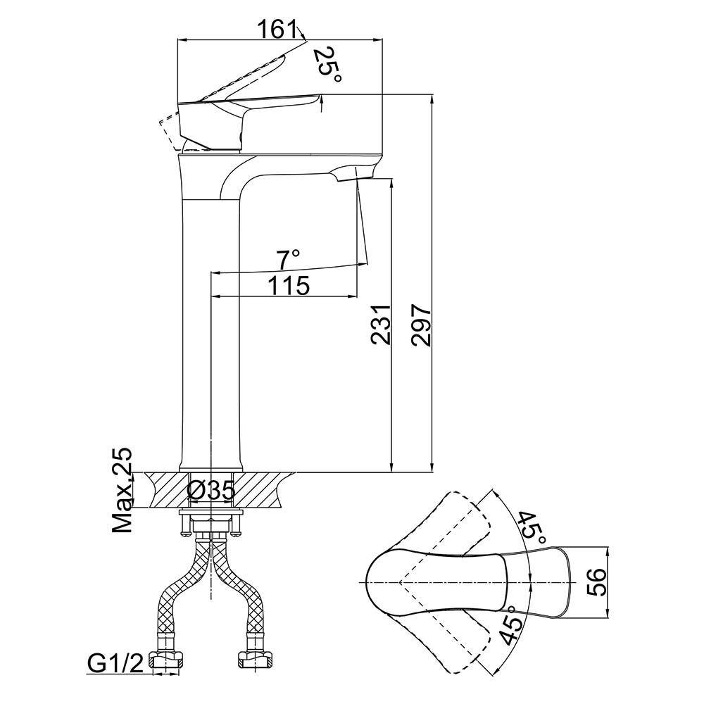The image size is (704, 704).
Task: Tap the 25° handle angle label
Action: (x=326, y=65)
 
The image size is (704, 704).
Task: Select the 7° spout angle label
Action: (x=288, y=260)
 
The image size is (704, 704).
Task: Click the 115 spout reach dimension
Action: (x=288, y=286)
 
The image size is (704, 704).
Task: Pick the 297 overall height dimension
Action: (x=420, y=325)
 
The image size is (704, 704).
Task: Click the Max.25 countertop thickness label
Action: (x=124, y=490)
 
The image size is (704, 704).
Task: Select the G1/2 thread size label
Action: (x=115, y=662)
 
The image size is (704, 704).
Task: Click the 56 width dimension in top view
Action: (x=596, y=582)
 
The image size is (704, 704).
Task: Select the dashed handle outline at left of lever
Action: (x=169, y=131)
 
